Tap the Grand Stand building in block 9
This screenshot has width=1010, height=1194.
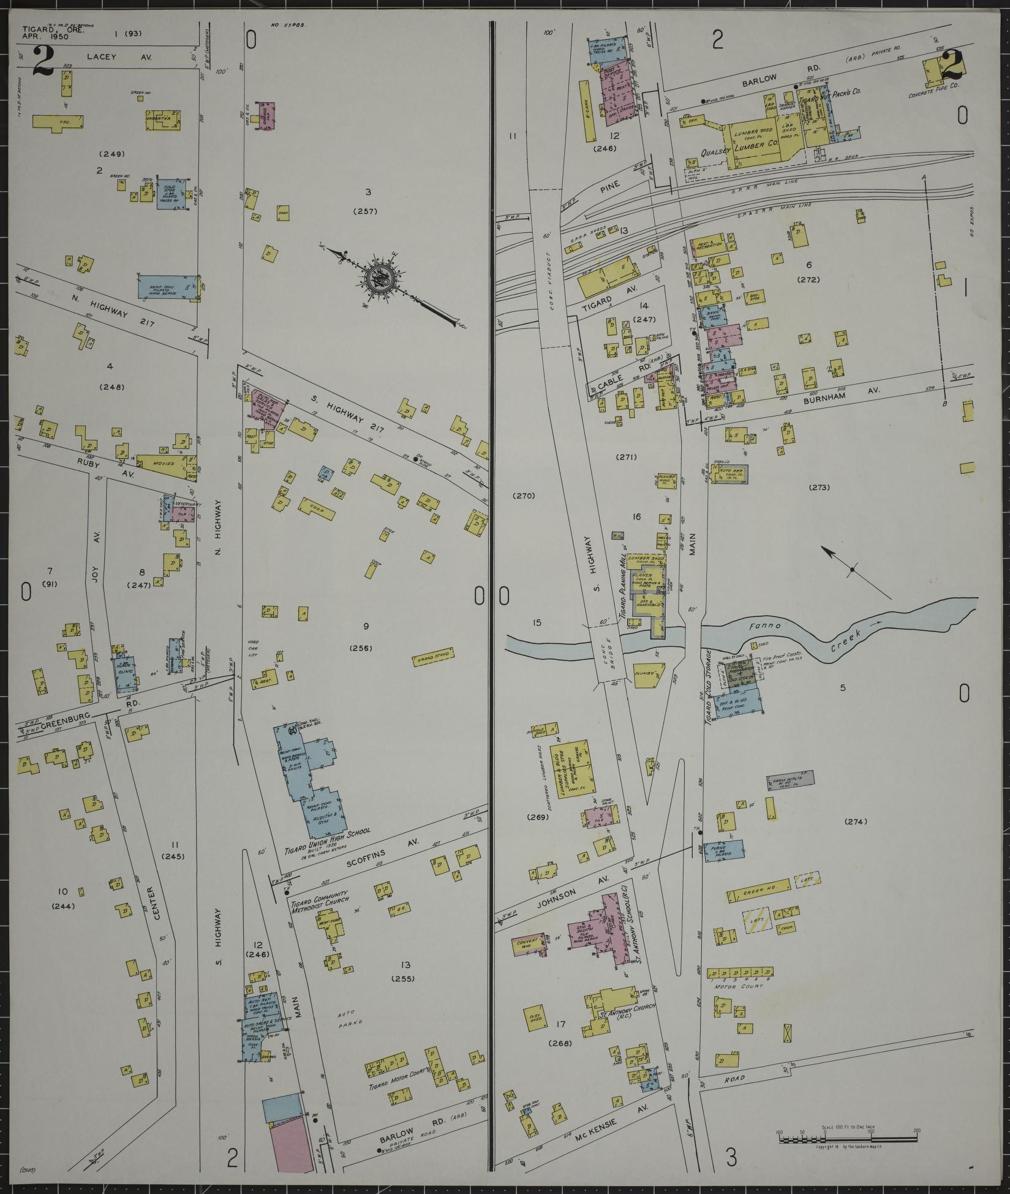(433, 655)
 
